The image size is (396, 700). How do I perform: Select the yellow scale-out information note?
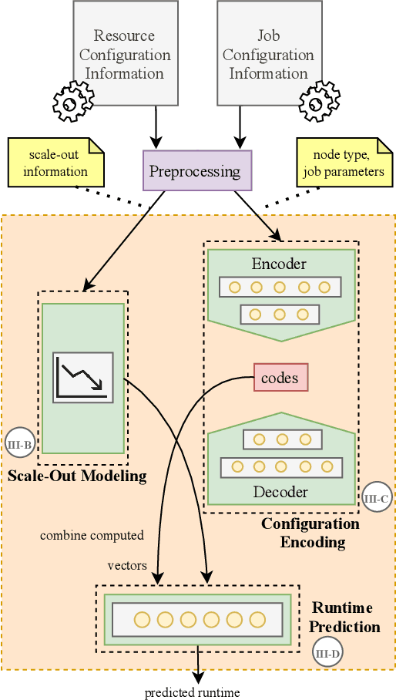[x=55, y=163]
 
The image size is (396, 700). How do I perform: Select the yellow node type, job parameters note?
[x=344, y=163]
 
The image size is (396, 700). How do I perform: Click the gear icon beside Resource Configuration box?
[x=72, y=99]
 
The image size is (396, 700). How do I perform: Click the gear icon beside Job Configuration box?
[x=319, y=101]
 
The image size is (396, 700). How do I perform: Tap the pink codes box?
[x=280, y=378]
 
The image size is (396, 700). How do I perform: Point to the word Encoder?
[x=279, y=264]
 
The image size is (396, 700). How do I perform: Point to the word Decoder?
[x=280, y=492]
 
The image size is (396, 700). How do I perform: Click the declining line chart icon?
[x=82, y=378]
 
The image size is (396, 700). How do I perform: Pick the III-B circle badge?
[x=19, y=443]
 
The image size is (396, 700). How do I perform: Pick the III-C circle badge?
[x=376, y=499]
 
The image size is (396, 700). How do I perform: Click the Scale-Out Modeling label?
[x=77, y=476]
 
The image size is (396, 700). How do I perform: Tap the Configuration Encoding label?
[x=310, y=533]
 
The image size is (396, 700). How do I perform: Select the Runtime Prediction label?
[x=345, y=617]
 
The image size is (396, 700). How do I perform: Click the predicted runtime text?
[x=193, y=692]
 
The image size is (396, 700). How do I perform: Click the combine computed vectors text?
[x=92, y=550]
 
